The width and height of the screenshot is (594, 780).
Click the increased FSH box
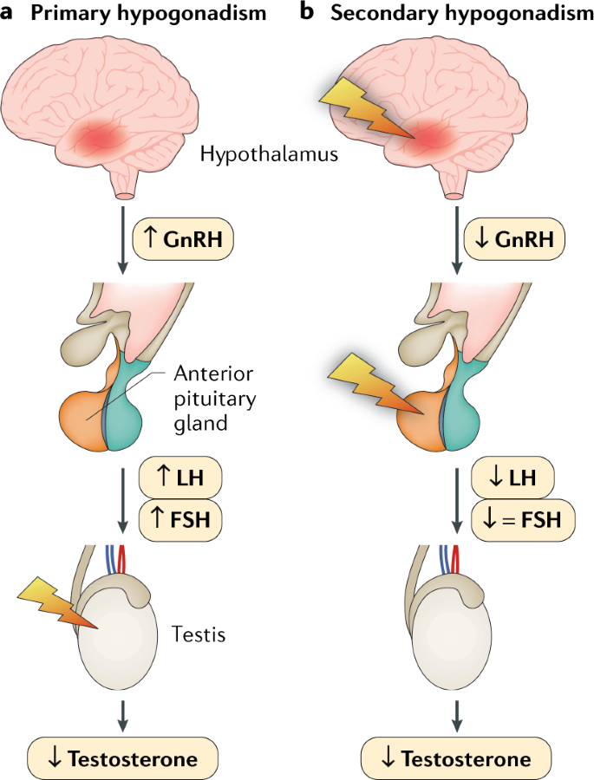pos(180,520)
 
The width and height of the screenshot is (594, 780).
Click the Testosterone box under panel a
pos(125,759)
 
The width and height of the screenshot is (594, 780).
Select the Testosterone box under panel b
pos(456,759)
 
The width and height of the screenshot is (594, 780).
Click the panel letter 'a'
pos(9,14)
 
